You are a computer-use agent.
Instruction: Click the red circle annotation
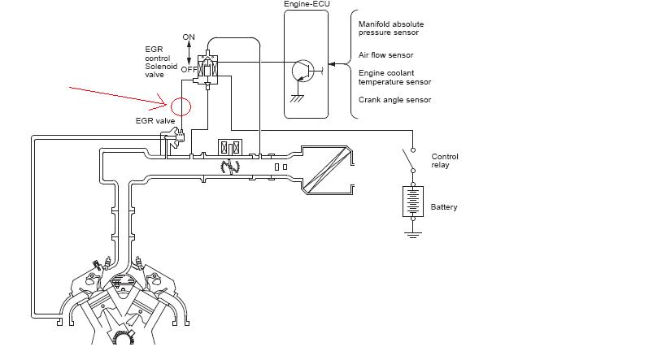click(172, 106)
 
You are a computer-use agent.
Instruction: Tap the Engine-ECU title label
click(307, 4)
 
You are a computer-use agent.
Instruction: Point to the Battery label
click(444, 207)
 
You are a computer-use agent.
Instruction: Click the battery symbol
click(413, 202)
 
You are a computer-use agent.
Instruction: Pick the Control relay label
click(444, 161)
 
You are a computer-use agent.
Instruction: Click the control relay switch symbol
click(409, 160)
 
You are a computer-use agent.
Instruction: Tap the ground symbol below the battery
click(413, 235)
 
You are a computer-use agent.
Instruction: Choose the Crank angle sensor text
click(394, 100)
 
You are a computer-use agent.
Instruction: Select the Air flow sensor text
click(385, 55)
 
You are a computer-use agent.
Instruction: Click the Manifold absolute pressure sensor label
click(391, 28)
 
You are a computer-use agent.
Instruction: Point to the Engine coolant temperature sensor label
click(394, 77)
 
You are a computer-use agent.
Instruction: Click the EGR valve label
click(155, 121)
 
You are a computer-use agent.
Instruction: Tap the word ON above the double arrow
click(189, 37)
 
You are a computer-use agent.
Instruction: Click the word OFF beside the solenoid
click(189, 70)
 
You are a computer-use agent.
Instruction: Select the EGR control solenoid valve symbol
click(207, 69)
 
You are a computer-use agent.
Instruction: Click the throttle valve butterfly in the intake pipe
click(230, 167)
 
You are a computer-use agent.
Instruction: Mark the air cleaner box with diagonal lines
click(328, 170)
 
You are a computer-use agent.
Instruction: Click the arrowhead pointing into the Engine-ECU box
click(332, 64)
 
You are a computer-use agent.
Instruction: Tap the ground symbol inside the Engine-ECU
click(297, 98)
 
